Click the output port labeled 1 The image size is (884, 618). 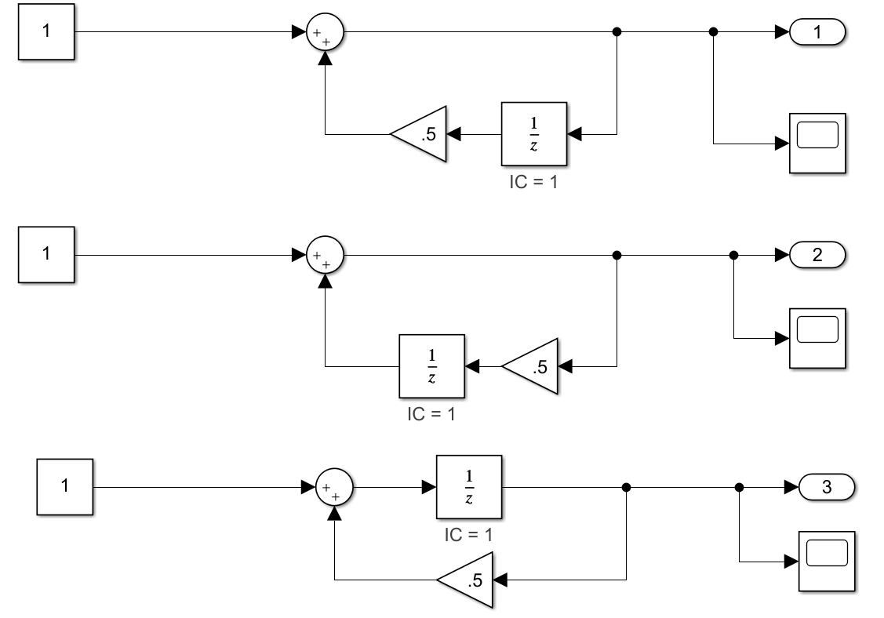[x=817, y=32]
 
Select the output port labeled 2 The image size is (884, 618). [x=817, y=256]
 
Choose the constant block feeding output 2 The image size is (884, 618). [x=46, y=255]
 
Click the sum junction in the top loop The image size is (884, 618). [x=326, y=32]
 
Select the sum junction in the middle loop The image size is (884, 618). [x=326, y=256]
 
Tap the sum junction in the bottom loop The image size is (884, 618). [x=335, y=487]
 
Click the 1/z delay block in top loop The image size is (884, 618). [x=533, y=134]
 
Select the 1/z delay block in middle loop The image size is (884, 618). [x=431, y=366]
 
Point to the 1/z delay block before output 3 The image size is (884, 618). [x=469, y=487]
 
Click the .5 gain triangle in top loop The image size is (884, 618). [x=422, y=134]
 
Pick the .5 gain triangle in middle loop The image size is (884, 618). [x=533, y=366]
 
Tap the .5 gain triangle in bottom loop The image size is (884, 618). [x=469, y=580]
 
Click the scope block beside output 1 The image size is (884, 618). [x=817, y=143]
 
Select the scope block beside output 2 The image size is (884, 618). [x=817, y=339]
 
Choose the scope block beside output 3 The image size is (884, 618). [x=827, y=561]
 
